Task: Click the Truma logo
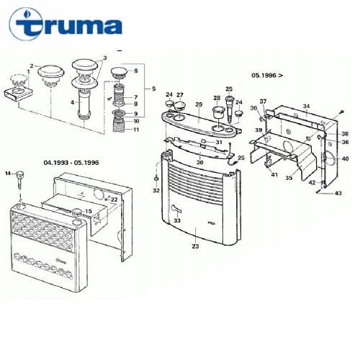(65, 28)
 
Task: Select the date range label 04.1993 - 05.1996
(71, 163)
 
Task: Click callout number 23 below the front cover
(195, 247)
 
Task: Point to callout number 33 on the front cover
(177, 220)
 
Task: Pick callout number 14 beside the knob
(9, 174)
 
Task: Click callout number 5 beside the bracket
(153, 89)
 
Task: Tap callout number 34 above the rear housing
(305, 107)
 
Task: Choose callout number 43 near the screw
(338, 194)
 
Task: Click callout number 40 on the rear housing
(346, 158)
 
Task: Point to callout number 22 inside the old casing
(114, 199)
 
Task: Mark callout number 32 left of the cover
(156, 191)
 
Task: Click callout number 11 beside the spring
(136, 130)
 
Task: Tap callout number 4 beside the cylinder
(71, 102)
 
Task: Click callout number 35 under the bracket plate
(289, 177)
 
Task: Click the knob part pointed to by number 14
(20, 177)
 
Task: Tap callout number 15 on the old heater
(89, 211)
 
